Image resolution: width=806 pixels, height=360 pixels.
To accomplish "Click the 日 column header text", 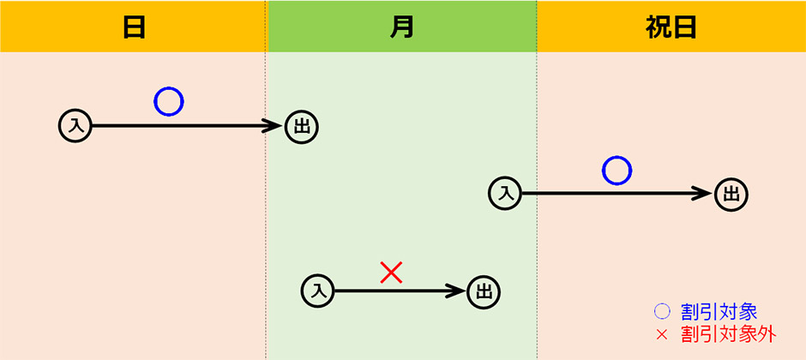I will [x=134, y=27].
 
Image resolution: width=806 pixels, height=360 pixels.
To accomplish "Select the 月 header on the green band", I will [x=402, y=27].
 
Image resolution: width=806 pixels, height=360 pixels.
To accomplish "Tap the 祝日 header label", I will [x=671, y=27].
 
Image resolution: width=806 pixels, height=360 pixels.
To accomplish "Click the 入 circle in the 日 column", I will [x=75, y=126].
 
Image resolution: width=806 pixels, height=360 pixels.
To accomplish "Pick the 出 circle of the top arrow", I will [x=301, y=126].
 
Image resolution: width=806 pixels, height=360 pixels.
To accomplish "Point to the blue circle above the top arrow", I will [x=169, y=101].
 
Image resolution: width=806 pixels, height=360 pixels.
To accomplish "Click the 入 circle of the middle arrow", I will [x=506, y=193].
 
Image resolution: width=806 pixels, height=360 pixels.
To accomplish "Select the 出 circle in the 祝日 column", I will [x=731, y=193].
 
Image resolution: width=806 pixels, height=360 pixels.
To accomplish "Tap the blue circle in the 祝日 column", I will [x=617, y=170].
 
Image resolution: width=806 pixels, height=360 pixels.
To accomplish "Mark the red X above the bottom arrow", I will [x=391, y=273].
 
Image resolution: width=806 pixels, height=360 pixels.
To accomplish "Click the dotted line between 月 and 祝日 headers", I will [x=537, y=27].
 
